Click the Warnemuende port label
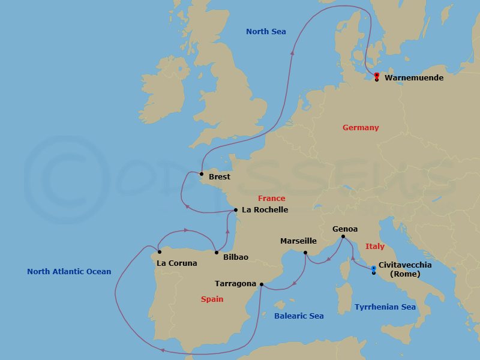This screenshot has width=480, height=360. pos(414,78)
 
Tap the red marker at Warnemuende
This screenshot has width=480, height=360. pos(376,75)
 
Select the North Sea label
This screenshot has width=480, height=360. pos(266,32)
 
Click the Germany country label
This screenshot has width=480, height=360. pos(361,128)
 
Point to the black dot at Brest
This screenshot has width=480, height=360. pos(202,174)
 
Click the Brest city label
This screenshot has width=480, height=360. pos(219,177)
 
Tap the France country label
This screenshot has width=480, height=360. pos(271,199)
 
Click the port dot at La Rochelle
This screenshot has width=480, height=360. pos(236,210)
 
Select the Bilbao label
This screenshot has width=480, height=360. pos(235,257)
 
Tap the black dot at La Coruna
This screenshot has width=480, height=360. pos(160,252)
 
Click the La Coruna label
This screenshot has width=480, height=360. pos(176,263)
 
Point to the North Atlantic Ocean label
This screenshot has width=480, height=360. pos(69,272)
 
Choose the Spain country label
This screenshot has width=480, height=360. pos(212,299)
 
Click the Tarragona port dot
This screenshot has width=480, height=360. pos(262,284)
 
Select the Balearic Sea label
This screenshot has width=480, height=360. pos(299,316)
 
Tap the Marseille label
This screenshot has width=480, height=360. pos(298,241)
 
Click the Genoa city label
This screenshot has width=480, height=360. pos(345,229)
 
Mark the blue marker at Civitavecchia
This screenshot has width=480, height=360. pos(373,268)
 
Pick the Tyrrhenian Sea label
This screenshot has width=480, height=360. pos(385,307)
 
